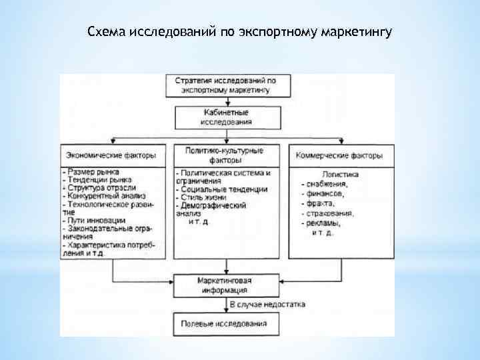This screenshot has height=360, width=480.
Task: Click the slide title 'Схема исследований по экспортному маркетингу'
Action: click(241, 32)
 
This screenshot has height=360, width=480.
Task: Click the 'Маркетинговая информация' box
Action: click(225, 285)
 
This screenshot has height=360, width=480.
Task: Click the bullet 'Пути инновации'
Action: click(93, 219)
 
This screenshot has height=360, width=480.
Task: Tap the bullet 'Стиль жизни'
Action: click(204, 197)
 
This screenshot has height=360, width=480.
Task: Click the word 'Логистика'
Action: click(342, 175)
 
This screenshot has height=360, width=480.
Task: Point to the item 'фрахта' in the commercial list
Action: click(321, 205)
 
